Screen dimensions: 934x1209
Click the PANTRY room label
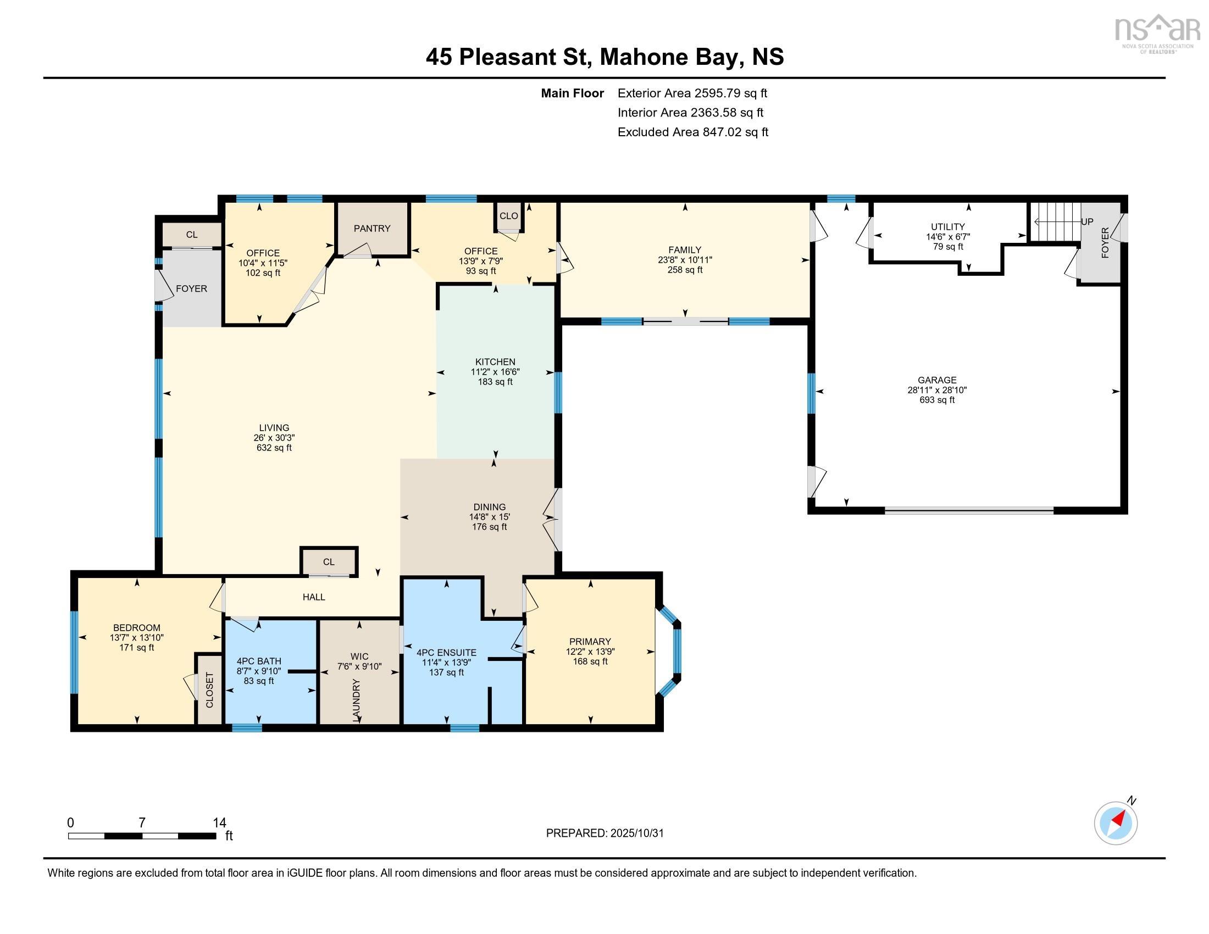372,228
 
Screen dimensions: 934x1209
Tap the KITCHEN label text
495,362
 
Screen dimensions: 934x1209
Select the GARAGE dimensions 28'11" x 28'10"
936,390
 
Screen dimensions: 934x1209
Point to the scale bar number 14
219,823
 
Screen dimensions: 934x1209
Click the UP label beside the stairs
1087,222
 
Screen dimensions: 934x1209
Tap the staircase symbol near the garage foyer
1056,221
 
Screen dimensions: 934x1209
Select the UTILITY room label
948,226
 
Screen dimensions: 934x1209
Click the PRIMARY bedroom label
590,641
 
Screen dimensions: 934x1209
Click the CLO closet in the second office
509,216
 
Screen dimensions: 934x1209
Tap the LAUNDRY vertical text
356,700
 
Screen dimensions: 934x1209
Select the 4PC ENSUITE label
446,652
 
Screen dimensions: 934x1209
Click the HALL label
314,597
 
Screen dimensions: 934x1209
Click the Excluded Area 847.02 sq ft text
692,132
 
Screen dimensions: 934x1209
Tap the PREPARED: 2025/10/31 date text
604,833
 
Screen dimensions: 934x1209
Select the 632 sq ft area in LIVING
274,448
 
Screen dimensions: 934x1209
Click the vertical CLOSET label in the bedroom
209,690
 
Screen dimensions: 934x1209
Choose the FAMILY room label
684,249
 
